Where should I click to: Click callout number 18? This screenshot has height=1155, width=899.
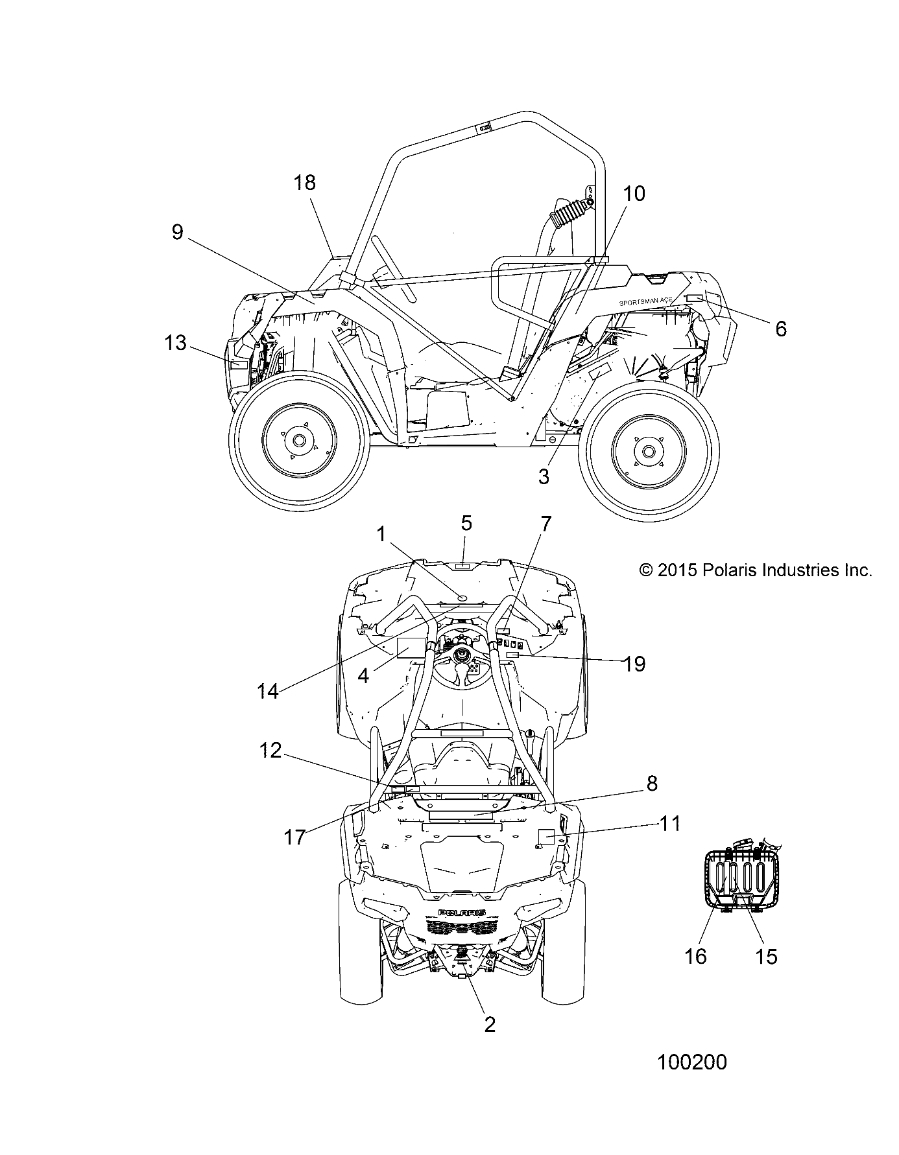coord(304,183)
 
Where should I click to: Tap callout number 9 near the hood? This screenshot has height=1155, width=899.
coord(178,232)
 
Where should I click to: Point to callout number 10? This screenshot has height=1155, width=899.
coord(634,193)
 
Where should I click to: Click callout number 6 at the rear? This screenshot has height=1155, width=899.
coord(780,329)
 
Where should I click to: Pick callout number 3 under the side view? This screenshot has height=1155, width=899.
coord(544,476)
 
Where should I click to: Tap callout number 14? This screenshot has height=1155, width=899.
coord(267,691)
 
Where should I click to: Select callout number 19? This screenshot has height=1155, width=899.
coord(634,663)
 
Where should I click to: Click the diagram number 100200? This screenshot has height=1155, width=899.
coord(691,1062)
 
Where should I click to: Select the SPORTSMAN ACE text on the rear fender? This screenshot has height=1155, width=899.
coord(645,302)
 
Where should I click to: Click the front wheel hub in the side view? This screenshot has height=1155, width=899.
coord(298,440)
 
